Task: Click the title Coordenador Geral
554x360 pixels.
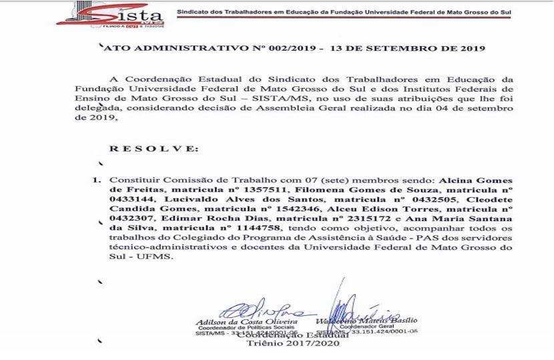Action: pyautogui.click(x=360, y=327)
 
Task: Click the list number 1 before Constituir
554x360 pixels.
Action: pyautogui.click(x=97, y=180)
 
